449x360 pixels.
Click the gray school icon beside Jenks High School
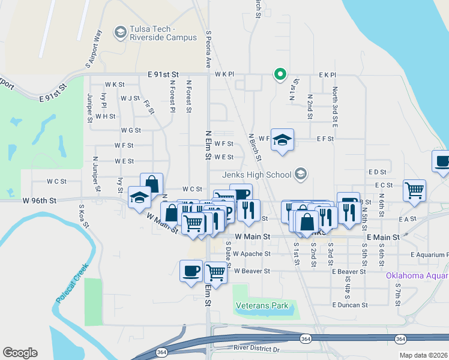click(301, 175)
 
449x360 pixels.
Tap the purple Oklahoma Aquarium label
click(417, 276)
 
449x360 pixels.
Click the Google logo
click(20, 352)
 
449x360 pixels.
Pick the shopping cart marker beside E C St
click(415, 191)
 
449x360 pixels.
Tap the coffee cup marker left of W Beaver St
click(191, 271)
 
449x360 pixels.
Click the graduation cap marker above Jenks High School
click(282, 140)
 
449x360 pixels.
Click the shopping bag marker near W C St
click(152, 184)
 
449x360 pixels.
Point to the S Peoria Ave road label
click(208, 49)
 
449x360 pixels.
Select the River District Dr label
click(257, 349)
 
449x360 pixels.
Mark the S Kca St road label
click(83, 217)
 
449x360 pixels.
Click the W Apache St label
click(252, 254)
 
